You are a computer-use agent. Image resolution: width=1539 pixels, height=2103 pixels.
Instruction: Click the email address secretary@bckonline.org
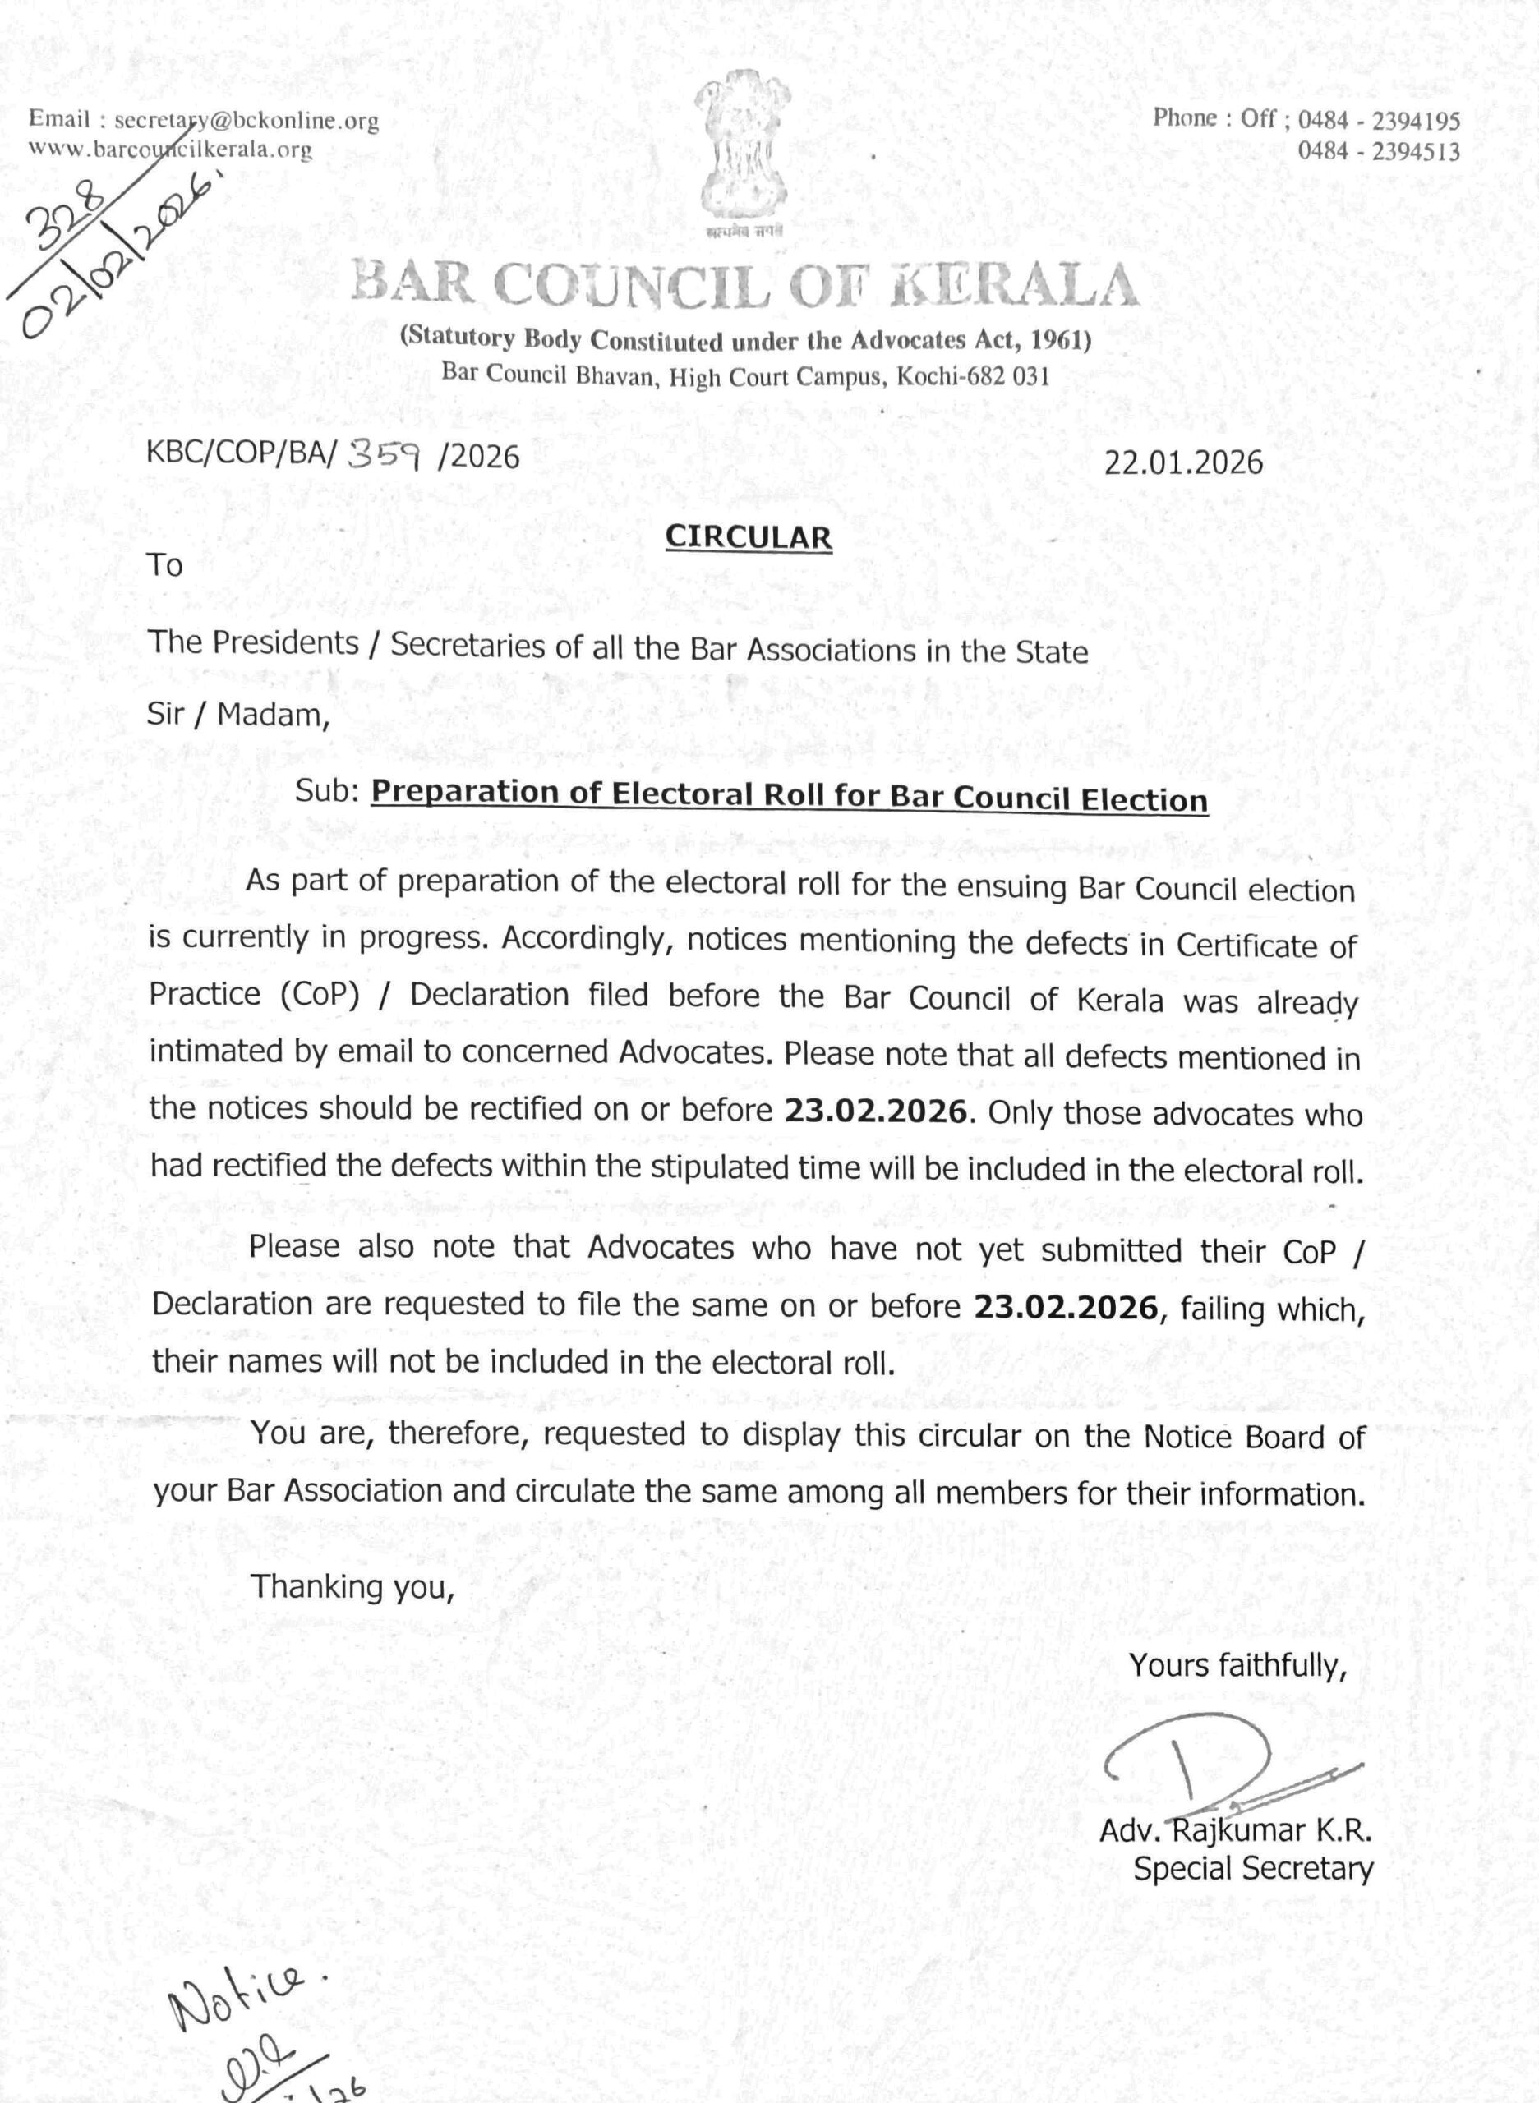point(246,120)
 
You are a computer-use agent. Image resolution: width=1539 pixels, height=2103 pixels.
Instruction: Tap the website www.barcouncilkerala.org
point(170,149)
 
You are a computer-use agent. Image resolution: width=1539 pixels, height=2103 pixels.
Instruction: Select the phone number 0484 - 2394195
point(1379,120)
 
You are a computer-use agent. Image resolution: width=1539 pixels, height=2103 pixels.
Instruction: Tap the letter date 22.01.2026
point(1183,462)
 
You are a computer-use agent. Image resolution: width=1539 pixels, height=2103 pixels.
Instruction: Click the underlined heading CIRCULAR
point(748,537)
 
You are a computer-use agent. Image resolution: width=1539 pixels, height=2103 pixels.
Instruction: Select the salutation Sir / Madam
point(238,715)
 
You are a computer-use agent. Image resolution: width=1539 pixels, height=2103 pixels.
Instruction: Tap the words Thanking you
point(352,1586)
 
